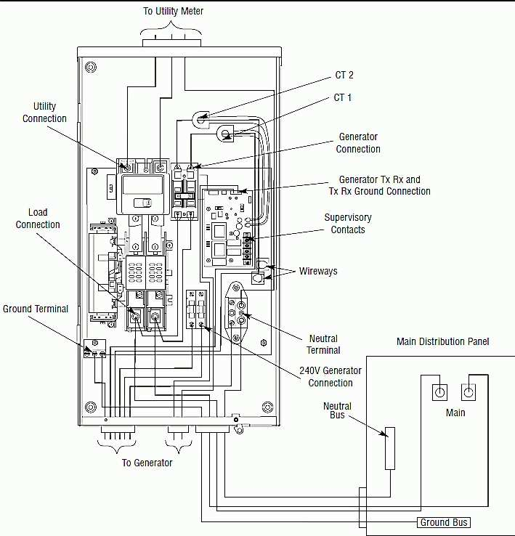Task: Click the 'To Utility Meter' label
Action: [x=173, y=11]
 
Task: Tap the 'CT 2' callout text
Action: [x=344, y=75]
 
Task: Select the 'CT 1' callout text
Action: [x=343, y=97]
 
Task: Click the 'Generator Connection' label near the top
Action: [x=358, y=143]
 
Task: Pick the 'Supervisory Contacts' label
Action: [x=348, y=224]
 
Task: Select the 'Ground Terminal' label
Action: [x=36, y=309]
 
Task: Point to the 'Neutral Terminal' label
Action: [x=324, y=344]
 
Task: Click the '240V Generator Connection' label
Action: [x=331, y=376]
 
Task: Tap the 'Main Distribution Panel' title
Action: [x=443, y=341]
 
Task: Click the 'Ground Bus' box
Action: [x=445, y=522]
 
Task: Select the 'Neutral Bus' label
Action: [x=337, y=411]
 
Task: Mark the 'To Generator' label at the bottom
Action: [x=147, y=463]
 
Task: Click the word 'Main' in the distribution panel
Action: [x=455, y=413]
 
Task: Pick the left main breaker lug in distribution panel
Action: [x=438, y=391]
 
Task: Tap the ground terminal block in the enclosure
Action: [x=94, y=350]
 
